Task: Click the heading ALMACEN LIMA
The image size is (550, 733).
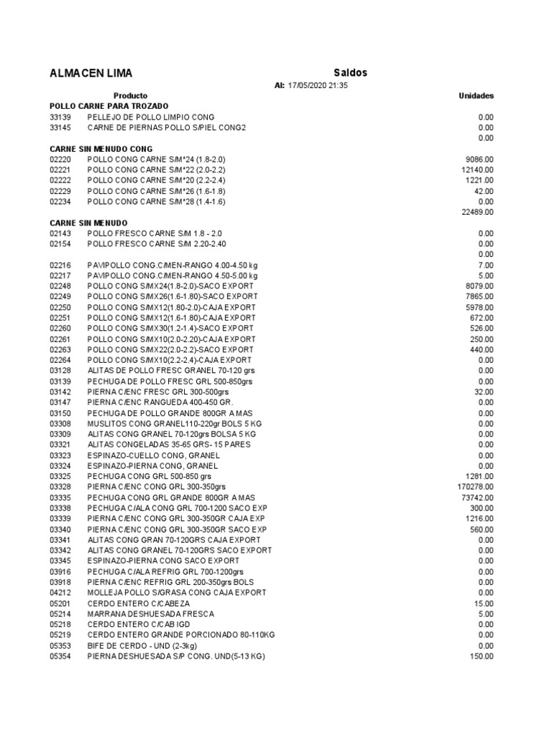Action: [x=91, y=74]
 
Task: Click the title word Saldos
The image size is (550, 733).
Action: [x=350, y=73]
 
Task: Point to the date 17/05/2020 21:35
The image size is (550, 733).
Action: [x=317, y=85]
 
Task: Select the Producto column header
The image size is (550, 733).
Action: [x=130, y=95]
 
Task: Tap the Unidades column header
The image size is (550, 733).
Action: [x=476, y=95]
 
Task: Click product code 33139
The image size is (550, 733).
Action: [x=60, y=117]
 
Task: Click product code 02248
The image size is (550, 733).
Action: [x=60, y=286]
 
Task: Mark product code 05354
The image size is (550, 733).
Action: [x=60, y=656]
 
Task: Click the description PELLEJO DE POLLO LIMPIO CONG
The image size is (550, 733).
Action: [x=150, y=117]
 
